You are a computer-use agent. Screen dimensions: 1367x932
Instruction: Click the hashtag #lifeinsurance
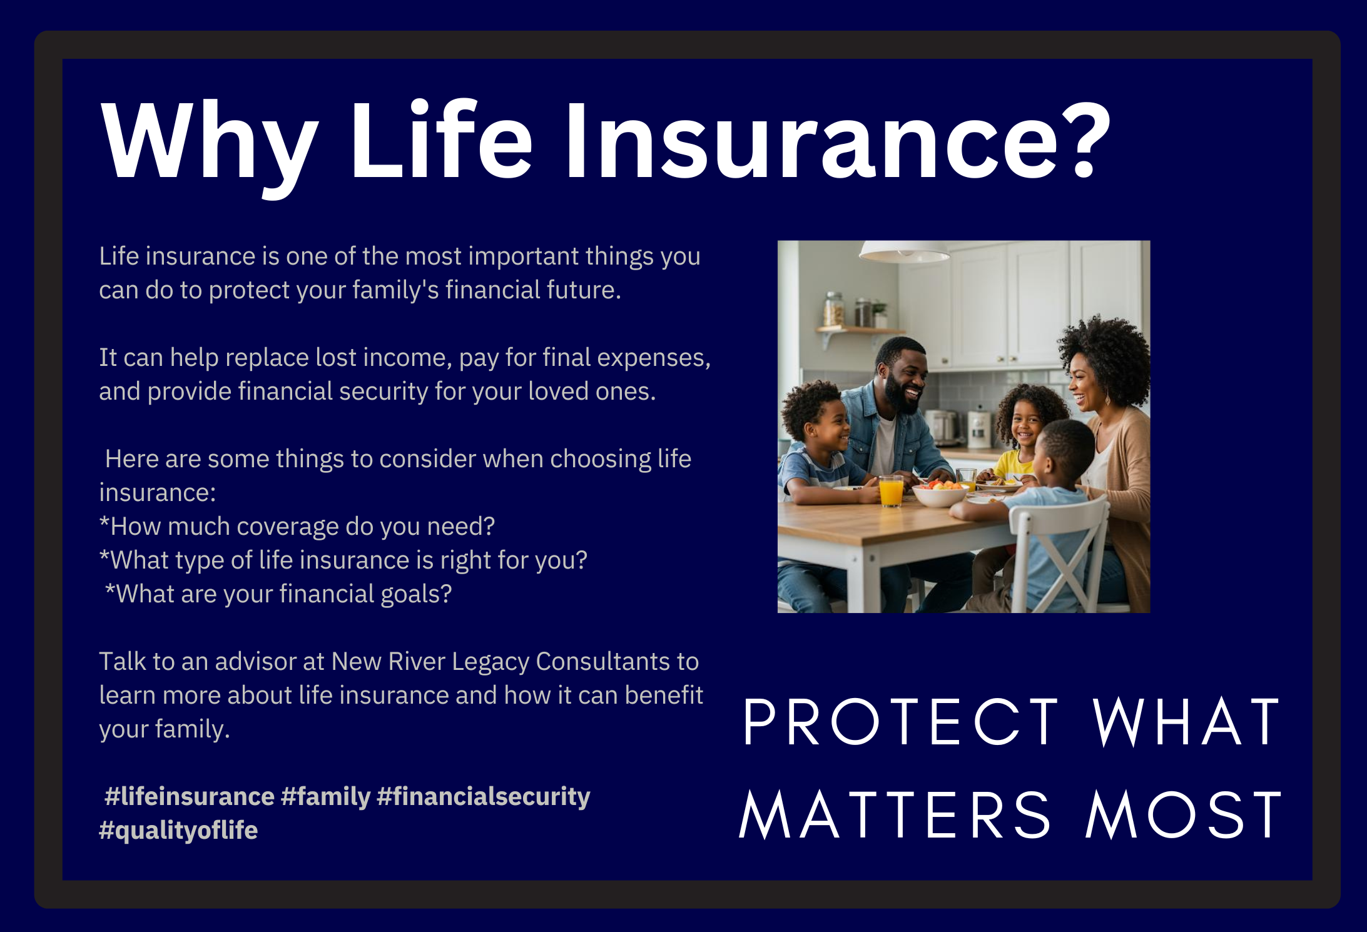pos(190,796)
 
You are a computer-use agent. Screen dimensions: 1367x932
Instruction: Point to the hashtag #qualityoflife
pos(178,830)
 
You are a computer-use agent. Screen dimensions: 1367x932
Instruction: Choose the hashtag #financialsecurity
pos(484,796)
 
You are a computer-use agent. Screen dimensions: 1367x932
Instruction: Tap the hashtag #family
pos(326,796)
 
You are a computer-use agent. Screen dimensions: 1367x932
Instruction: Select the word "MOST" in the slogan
pos(1184,814)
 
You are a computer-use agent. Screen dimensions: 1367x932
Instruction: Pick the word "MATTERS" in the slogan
pos(895,814)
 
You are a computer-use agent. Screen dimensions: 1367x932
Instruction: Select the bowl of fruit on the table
pos(940,493)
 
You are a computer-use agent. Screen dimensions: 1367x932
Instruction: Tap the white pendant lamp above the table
pos(905,251)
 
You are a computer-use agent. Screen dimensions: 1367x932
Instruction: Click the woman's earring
pos(1108,398)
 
